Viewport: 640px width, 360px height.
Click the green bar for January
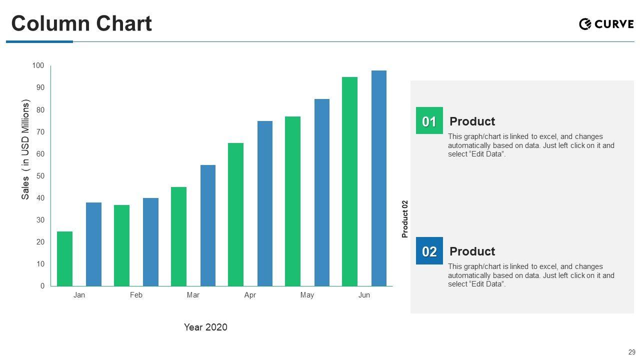64,259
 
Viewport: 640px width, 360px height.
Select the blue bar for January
93,244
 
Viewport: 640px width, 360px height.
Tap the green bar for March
178,236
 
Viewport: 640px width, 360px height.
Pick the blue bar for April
265,203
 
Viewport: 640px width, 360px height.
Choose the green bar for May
293,201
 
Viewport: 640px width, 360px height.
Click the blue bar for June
379,178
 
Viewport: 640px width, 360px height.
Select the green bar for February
121,245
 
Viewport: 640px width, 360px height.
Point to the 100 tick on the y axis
38,65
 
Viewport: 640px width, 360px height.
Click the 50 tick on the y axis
40,176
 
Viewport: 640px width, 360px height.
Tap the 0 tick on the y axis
42,286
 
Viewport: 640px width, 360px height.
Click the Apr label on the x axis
250,295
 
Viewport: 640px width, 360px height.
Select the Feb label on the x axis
136,295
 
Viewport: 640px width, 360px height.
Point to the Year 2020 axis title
205,327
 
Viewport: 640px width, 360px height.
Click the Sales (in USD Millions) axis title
26,149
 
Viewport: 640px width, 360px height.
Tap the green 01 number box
429,121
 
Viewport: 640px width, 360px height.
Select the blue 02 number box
429,251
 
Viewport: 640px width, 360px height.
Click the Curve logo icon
585,23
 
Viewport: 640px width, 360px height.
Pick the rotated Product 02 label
405,219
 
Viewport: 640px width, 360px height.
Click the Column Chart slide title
81,23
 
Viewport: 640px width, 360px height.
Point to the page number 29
632,352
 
